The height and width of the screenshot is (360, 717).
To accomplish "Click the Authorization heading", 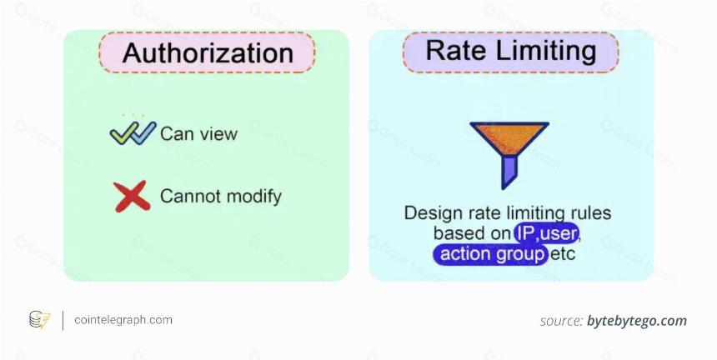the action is click(208, 53).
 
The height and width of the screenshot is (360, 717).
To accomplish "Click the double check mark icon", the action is click(133, 133).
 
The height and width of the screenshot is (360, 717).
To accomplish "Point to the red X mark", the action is click(132, 197).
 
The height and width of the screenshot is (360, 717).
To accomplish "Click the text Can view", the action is click(199, 134).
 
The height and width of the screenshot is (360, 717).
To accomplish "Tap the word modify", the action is click(254, 197).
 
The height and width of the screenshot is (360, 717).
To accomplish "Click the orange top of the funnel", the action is click(509, 137).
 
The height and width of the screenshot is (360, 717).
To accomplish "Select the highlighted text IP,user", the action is click(546, 233).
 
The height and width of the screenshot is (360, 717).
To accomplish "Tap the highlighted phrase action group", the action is click(491, 254).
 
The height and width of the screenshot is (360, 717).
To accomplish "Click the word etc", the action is click(563, 254).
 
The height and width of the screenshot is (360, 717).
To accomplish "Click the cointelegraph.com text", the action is click(123, 320).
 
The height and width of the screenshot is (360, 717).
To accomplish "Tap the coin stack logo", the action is click(39, 320).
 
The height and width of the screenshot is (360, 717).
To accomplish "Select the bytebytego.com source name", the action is click(637, 321).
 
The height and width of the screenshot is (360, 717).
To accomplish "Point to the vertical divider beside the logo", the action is click(63, 320).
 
